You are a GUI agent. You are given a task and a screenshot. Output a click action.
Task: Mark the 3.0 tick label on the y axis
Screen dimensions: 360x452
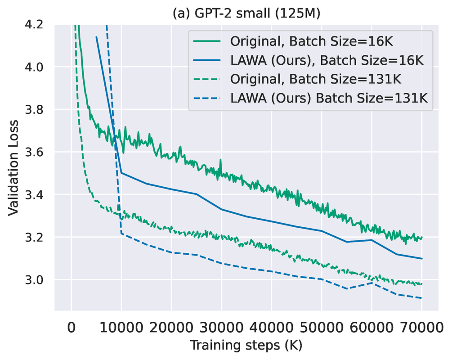(x=38, y=280)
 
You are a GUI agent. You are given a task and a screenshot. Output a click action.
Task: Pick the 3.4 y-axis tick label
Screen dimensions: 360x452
(x=38, y=195)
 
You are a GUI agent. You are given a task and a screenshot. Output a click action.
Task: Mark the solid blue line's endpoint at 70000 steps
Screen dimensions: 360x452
(x=422, y=259)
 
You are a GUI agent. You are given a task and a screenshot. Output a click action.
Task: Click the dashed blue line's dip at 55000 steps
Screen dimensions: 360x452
(x=347, y=288)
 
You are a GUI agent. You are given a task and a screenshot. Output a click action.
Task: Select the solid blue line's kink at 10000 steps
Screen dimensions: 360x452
(x=121, y=173)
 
